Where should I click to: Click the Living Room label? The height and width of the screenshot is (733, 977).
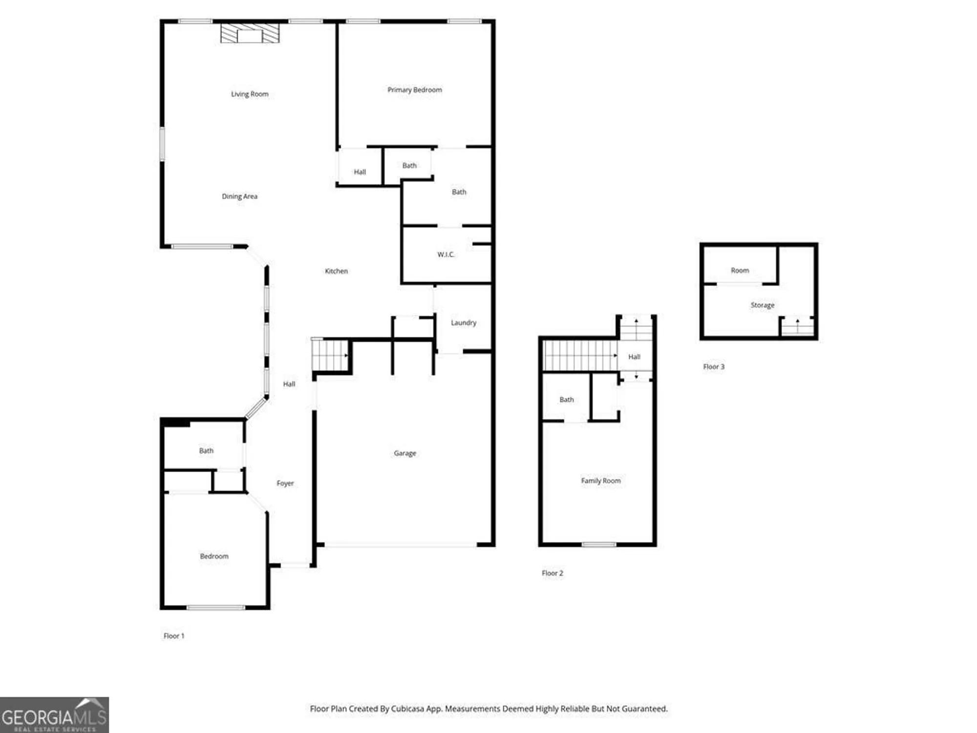[250, 94]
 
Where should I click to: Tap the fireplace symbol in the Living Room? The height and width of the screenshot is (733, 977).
[250, 33]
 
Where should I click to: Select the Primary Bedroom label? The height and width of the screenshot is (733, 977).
[415, 90]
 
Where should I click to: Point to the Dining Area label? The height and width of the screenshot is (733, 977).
[239, 196]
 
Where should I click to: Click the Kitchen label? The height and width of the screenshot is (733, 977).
[336, 271]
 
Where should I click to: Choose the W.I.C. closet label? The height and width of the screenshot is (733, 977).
[446, 255]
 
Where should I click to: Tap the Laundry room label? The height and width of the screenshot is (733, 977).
[463, 323]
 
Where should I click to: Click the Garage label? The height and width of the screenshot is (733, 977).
[405, 453]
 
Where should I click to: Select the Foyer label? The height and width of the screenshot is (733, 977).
[285, 483]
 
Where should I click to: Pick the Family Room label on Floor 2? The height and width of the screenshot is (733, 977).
[601, 481]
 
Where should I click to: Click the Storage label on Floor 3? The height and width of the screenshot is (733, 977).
[763, 305]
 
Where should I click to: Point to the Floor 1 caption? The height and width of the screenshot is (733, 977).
[174, 636]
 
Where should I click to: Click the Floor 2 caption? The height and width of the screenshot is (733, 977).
[552, 573]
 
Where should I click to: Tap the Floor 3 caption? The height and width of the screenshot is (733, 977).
[714, 366]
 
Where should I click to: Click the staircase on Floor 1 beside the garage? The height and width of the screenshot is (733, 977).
[329, 355]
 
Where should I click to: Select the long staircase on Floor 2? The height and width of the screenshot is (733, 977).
[580, 356]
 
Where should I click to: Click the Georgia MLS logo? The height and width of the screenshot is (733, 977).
[54, 715]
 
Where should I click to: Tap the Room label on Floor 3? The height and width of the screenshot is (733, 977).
[740, 270]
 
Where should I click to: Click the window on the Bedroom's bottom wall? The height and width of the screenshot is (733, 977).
[216, 607]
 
